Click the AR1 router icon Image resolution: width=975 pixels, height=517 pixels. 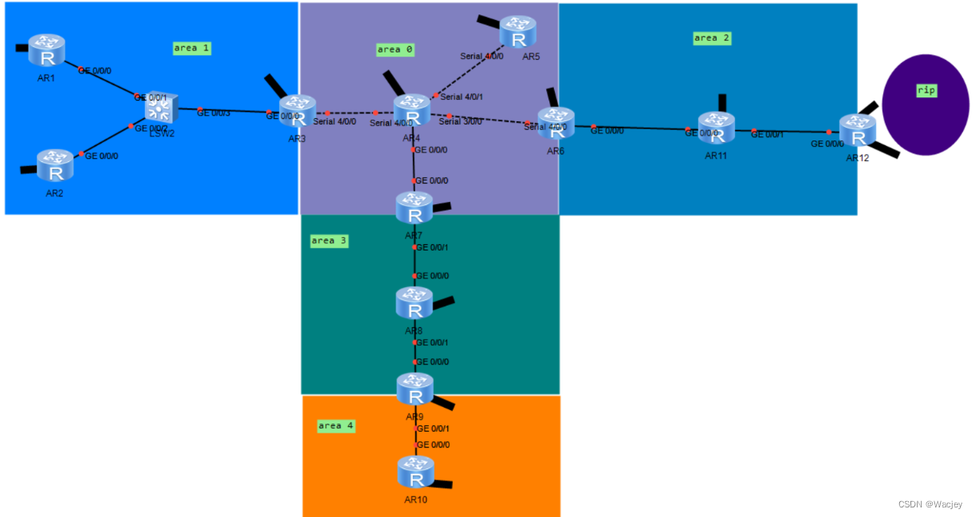(x=47, y=50)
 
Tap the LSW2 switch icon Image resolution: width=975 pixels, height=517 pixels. (x=160, y=108)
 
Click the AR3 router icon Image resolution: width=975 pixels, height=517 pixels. (x=297, y=111)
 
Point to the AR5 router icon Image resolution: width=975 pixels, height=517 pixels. (x=518, y=31)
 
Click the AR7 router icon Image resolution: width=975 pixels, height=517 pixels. (x=414, y=207)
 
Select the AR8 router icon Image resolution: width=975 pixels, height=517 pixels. (x=414, y=303)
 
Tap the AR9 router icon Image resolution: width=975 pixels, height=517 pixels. (x=415, y=389)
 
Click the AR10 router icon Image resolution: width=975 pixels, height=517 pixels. (x=415, y=472)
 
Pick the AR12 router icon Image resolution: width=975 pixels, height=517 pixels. (x=858, y=131)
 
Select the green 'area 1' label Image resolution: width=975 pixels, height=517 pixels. (x=193, y=48)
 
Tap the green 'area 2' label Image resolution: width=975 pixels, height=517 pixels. (x=711, y=37)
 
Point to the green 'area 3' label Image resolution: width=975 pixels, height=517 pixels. (x=329, y=241)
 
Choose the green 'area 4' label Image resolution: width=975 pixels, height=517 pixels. (x=336, y=426)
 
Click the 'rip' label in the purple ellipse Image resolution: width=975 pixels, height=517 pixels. (x=926, y=90)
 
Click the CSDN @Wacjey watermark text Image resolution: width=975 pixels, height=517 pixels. (x=930, y=504)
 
